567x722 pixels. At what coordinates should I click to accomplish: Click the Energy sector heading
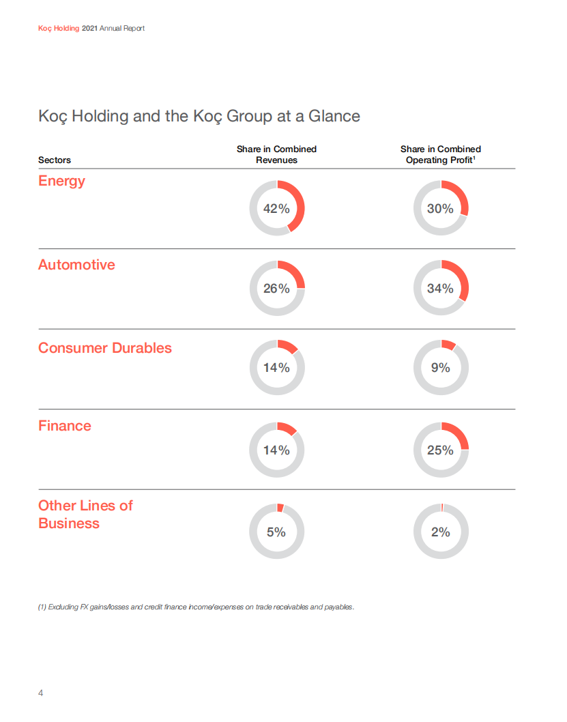(x=61, y=181)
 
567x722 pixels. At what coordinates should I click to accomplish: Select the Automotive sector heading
(x=76, y=265)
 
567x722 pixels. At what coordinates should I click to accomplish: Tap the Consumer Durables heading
(x=105, y=348)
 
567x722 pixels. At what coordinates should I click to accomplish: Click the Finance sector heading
(x=64, y=426)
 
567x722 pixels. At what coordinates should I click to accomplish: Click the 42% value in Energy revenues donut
(x=276, y=209)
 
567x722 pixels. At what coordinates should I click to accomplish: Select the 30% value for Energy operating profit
(x=440, y=209)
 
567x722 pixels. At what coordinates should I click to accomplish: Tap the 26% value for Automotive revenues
(x=276, y=289)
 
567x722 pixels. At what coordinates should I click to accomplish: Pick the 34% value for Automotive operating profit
(x=440, y=289)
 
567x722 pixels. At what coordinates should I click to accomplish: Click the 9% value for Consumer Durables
(x=441, y=368)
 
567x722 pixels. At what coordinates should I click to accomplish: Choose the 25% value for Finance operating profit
(x=440, y=450)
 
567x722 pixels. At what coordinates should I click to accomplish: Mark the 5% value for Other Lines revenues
(x=276, y=532)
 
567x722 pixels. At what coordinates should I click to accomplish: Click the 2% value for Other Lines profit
(x=441, y=532)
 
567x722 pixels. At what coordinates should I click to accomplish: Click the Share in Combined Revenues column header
(x=276, y=154)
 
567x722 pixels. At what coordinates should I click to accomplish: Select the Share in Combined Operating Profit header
(x=440, y=154)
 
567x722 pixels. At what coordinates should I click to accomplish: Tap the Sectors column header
(x=55, y=160)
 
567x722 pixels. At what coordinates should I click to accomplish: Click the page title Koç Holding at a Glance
(x=199, y=116)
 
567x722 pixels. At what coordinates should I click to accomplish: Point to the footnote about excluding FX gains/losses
(x=197, y=607)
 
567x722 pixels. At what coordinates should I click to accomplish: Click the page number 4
(x=40, y=693)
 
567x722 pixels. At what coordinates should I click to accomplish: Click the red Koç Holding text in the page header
(x=59, y=29)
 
